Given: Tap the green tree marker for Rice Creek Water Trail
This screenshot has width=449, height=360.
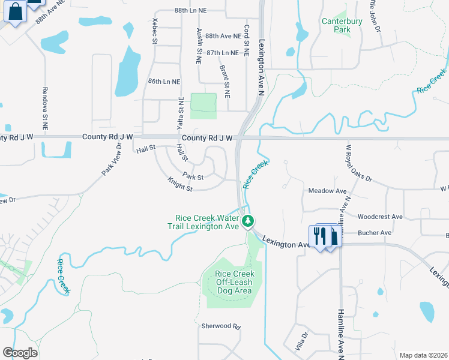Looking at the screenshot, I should (247, 221).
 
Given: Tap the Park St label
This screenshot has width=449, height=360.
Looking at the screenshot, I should (193, 177).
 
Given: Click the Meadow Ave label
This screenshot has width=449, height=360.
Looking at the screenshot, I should (328, 191).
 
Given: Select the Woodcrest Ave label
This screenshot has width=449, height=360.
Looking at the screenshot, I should (379, 217).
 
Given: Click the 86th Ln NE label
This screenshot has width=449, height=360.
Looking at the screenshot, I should (164, 81).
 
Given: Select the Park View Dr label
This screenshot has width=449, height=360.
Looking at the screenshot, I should (112, 159).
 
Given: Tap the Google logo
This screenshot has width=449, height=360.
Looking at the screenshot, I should (20, 353).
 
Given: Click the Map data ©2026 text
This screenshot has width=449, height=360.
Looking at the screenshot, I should (423, 355).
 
